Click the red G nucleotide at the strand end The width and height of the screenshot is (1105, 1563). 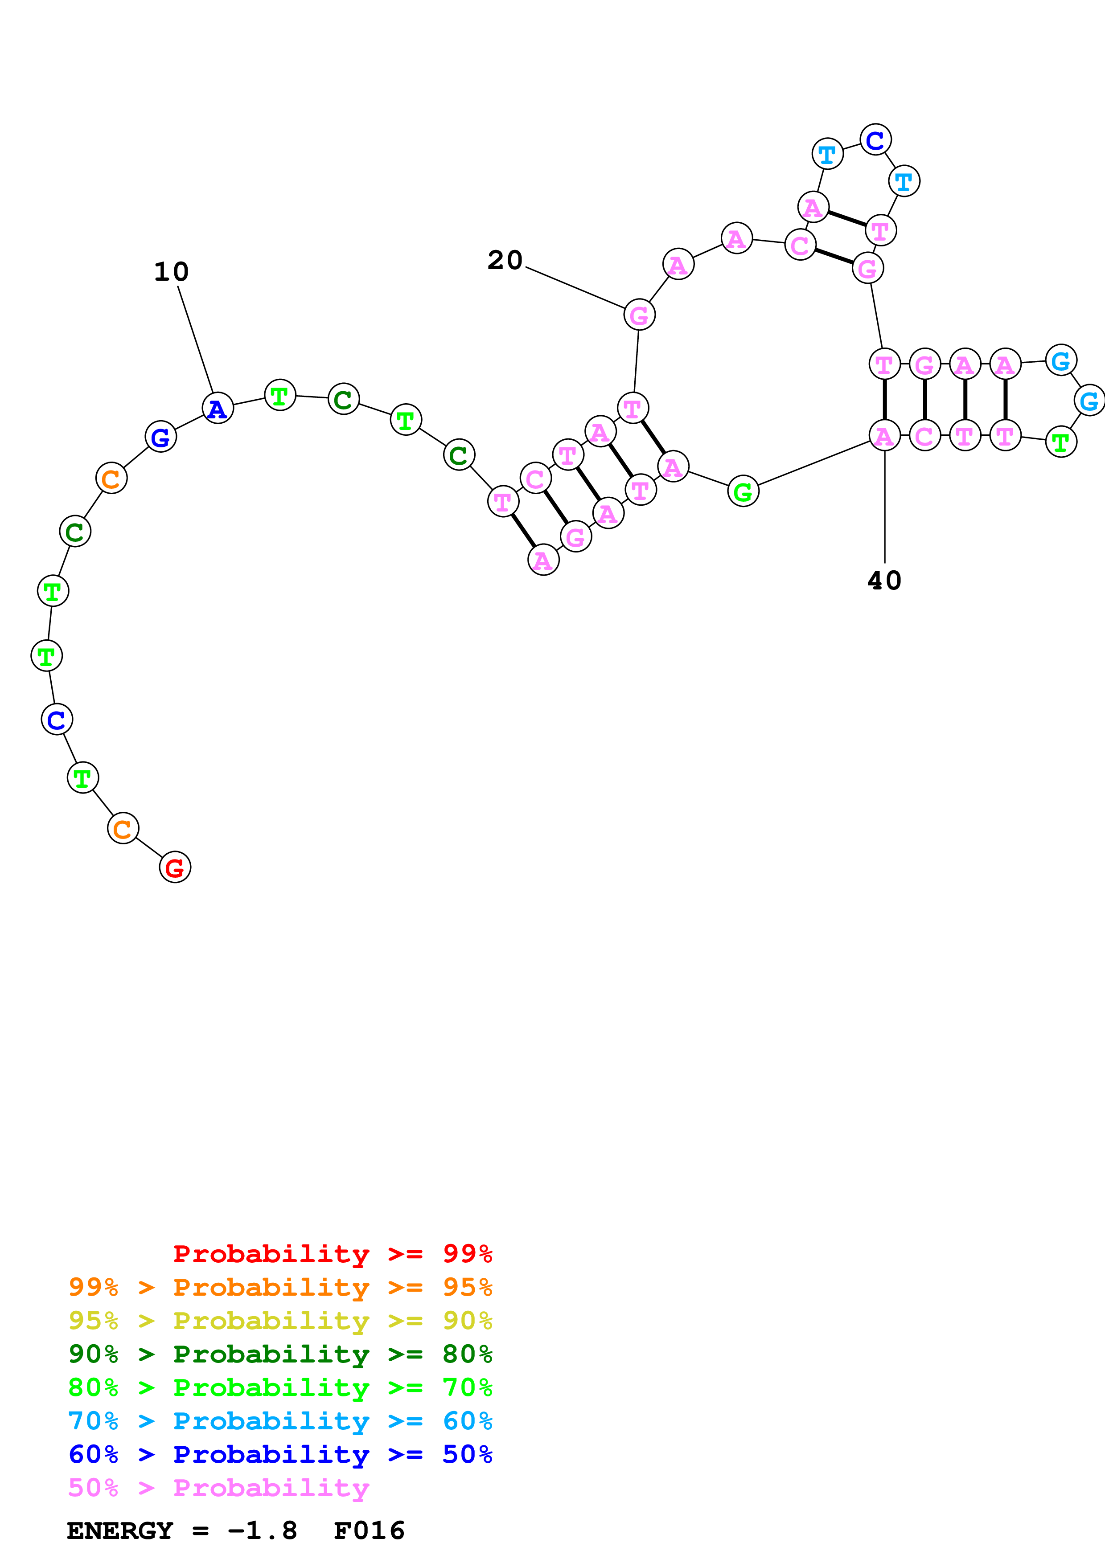click(175, 867)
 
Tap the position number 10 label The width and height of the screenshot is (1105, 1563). click(171, 272)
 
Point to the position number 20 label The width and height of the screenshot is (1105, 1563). click(505, 260)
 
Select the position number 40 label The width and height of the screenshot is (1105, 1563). click(884, 581)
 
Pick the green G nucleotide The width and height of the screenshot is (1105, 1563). click(743, 491)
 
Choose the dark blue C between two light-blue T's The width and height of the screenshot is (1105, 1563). click(875, 140)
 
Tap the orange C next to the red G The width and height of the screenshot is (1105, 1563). click(123, 828)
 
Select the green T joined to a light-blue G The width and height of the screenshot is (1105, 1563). click(1060, 442)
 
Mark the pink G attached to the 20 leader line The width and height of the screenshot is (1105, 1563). click(639, 315)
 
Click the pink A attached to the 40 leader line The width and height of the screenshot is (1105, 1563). click(884, 436)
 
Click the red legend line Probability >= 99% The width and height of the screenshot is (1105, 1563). click(332, 1254)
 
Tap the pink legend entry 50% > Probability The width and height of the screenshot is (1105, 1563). click(218, 1488)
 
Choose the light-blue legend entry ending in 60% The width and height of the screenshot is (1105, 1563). click(280, 1421)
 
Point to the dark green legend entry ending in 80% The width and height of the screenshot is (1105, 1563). click(280, 1354)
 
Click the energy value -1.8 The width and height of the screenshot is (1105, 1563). click(262, 1531)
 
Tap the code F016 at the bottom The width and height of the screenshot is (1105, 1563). click(369, 1531)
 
